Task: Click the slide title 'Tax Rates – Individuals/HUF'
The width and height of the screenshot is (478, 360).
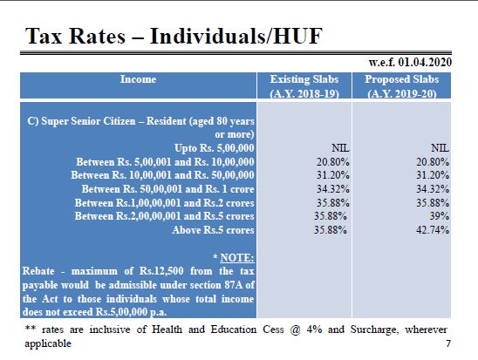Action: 174,37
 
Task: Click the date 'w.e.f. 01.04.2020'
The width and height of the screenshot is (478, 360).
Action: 410,63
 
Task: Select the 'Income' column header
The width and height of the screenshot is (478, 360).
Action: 138,79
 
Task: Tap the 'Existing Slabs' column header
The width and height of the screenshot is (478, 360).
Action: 304,79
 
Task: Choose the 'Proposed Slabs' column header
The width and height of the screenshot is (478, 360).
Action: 402,79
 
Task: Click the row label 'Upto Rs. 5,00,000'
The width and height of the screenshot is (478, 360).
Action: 215,148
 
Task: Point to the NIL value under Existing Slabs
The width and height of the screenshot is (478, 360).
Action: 340,148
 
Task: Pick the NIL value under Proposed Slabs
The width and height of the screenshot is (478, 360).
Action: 440,148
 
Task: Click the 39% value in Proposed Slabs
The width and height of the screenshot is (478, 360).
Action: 440,216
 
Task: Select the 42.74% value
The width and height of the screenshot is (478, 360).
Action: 433,230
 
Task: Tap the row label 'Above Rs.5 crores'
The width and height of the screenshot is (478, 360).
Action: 213,230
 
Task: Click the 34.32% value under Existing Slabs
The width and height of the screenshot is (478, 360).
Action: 333,189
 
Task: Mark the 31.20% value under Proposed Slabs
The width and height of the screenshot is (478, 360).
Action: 433,175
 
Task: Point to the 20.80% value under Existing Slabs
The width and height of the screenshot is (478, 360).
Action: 333,162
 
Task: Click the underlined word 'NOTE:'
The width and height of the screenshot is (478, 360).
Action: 237,258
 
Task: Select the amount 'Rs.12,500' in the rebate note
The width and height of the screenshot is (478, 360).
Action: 161,271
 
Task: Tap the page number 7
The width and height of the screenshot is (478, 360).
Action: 448,343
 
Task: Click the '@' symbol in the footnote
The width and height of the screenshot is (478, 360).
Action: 295,329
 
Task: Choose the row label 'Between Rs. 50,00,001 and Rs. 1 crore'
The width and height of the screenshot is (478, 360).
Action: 168,189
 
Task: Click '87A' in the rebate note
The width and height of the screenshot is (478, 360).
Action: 234,285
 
